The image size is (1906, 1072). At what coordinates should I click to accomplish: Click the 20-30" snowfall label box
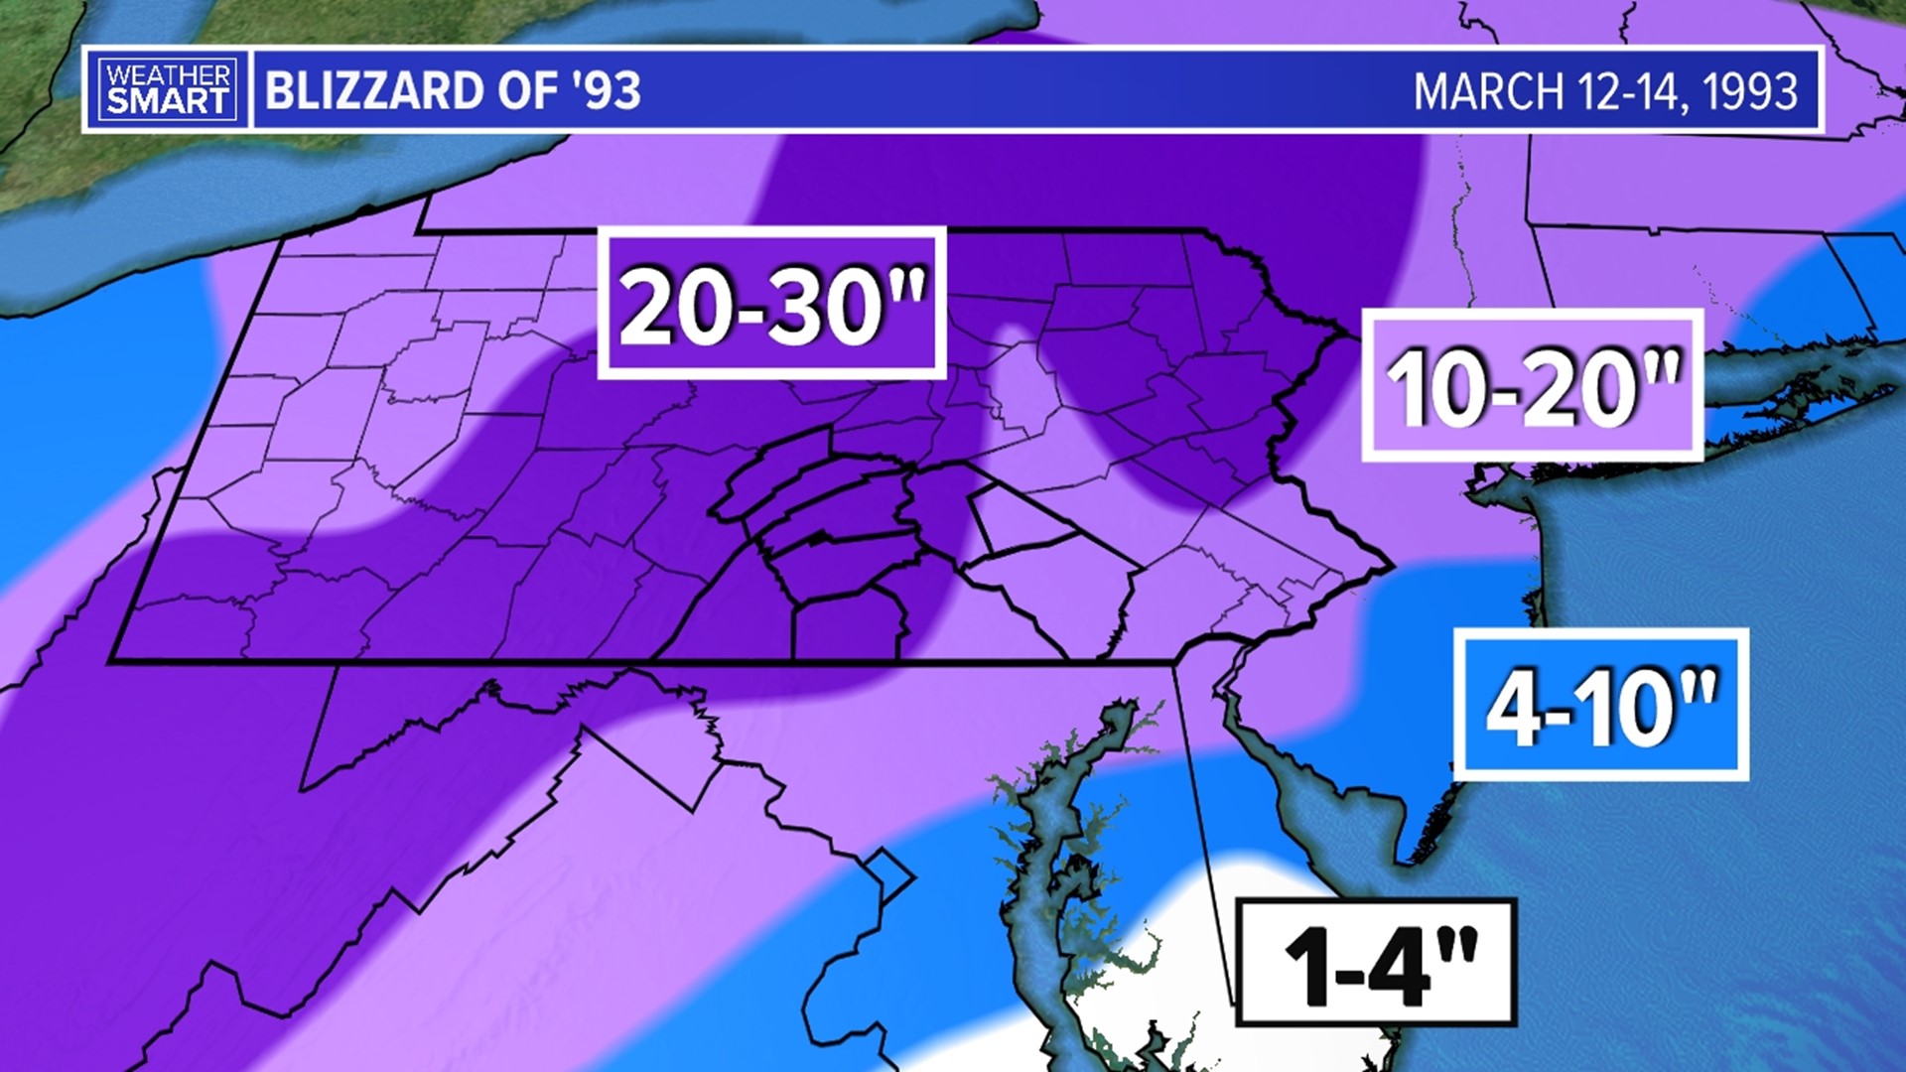point(771,304)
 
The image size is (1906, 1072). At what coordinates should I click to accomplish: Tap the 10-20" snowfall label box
point(1532,385)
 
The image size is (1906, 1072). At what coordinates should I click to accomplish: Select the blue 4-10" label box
point(1600,704)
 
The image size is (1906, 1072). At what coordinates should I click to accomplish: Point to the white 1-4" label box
point(1376,961)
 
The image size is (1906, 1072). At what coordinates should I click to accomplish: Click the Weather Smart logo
point(167,89)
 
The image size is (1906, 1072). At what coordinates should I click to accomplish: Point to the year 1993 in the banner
point(1751,92)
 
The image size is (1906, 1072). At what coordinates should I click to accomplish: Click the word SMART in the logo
point(167,101)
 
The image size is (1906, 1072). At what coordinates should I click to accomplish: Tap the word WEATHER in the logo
point(167,75)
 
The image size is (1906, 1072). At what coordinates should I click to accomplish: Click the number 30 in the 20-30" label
point(829,306)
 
